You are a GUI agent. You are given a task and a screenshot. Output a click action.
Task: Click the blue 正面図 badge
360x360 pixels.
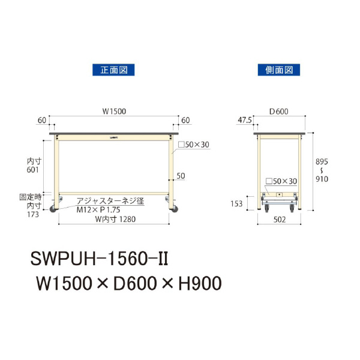coord(113,70)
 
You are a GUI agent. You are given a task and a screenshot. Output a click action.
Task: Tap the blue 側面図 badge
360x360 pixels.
coord(278,70)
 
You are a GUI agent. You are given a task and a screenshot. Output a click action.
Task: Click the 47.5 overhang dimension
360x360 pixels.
coord(244,120)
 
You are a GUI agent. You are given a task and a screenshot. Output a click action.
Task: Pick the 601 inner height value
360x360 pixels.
coord(33,170)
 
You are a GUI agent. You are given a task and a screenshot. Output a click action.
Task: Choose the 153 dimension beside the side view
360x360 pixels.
coord(236,203)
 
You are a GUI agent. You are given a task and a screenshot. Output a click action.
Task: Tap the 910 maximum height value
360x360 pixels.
coord(322,178)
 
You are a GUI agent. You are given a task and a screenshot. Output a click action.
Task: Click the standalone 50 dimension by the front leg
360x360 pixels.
coord(180,176)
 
